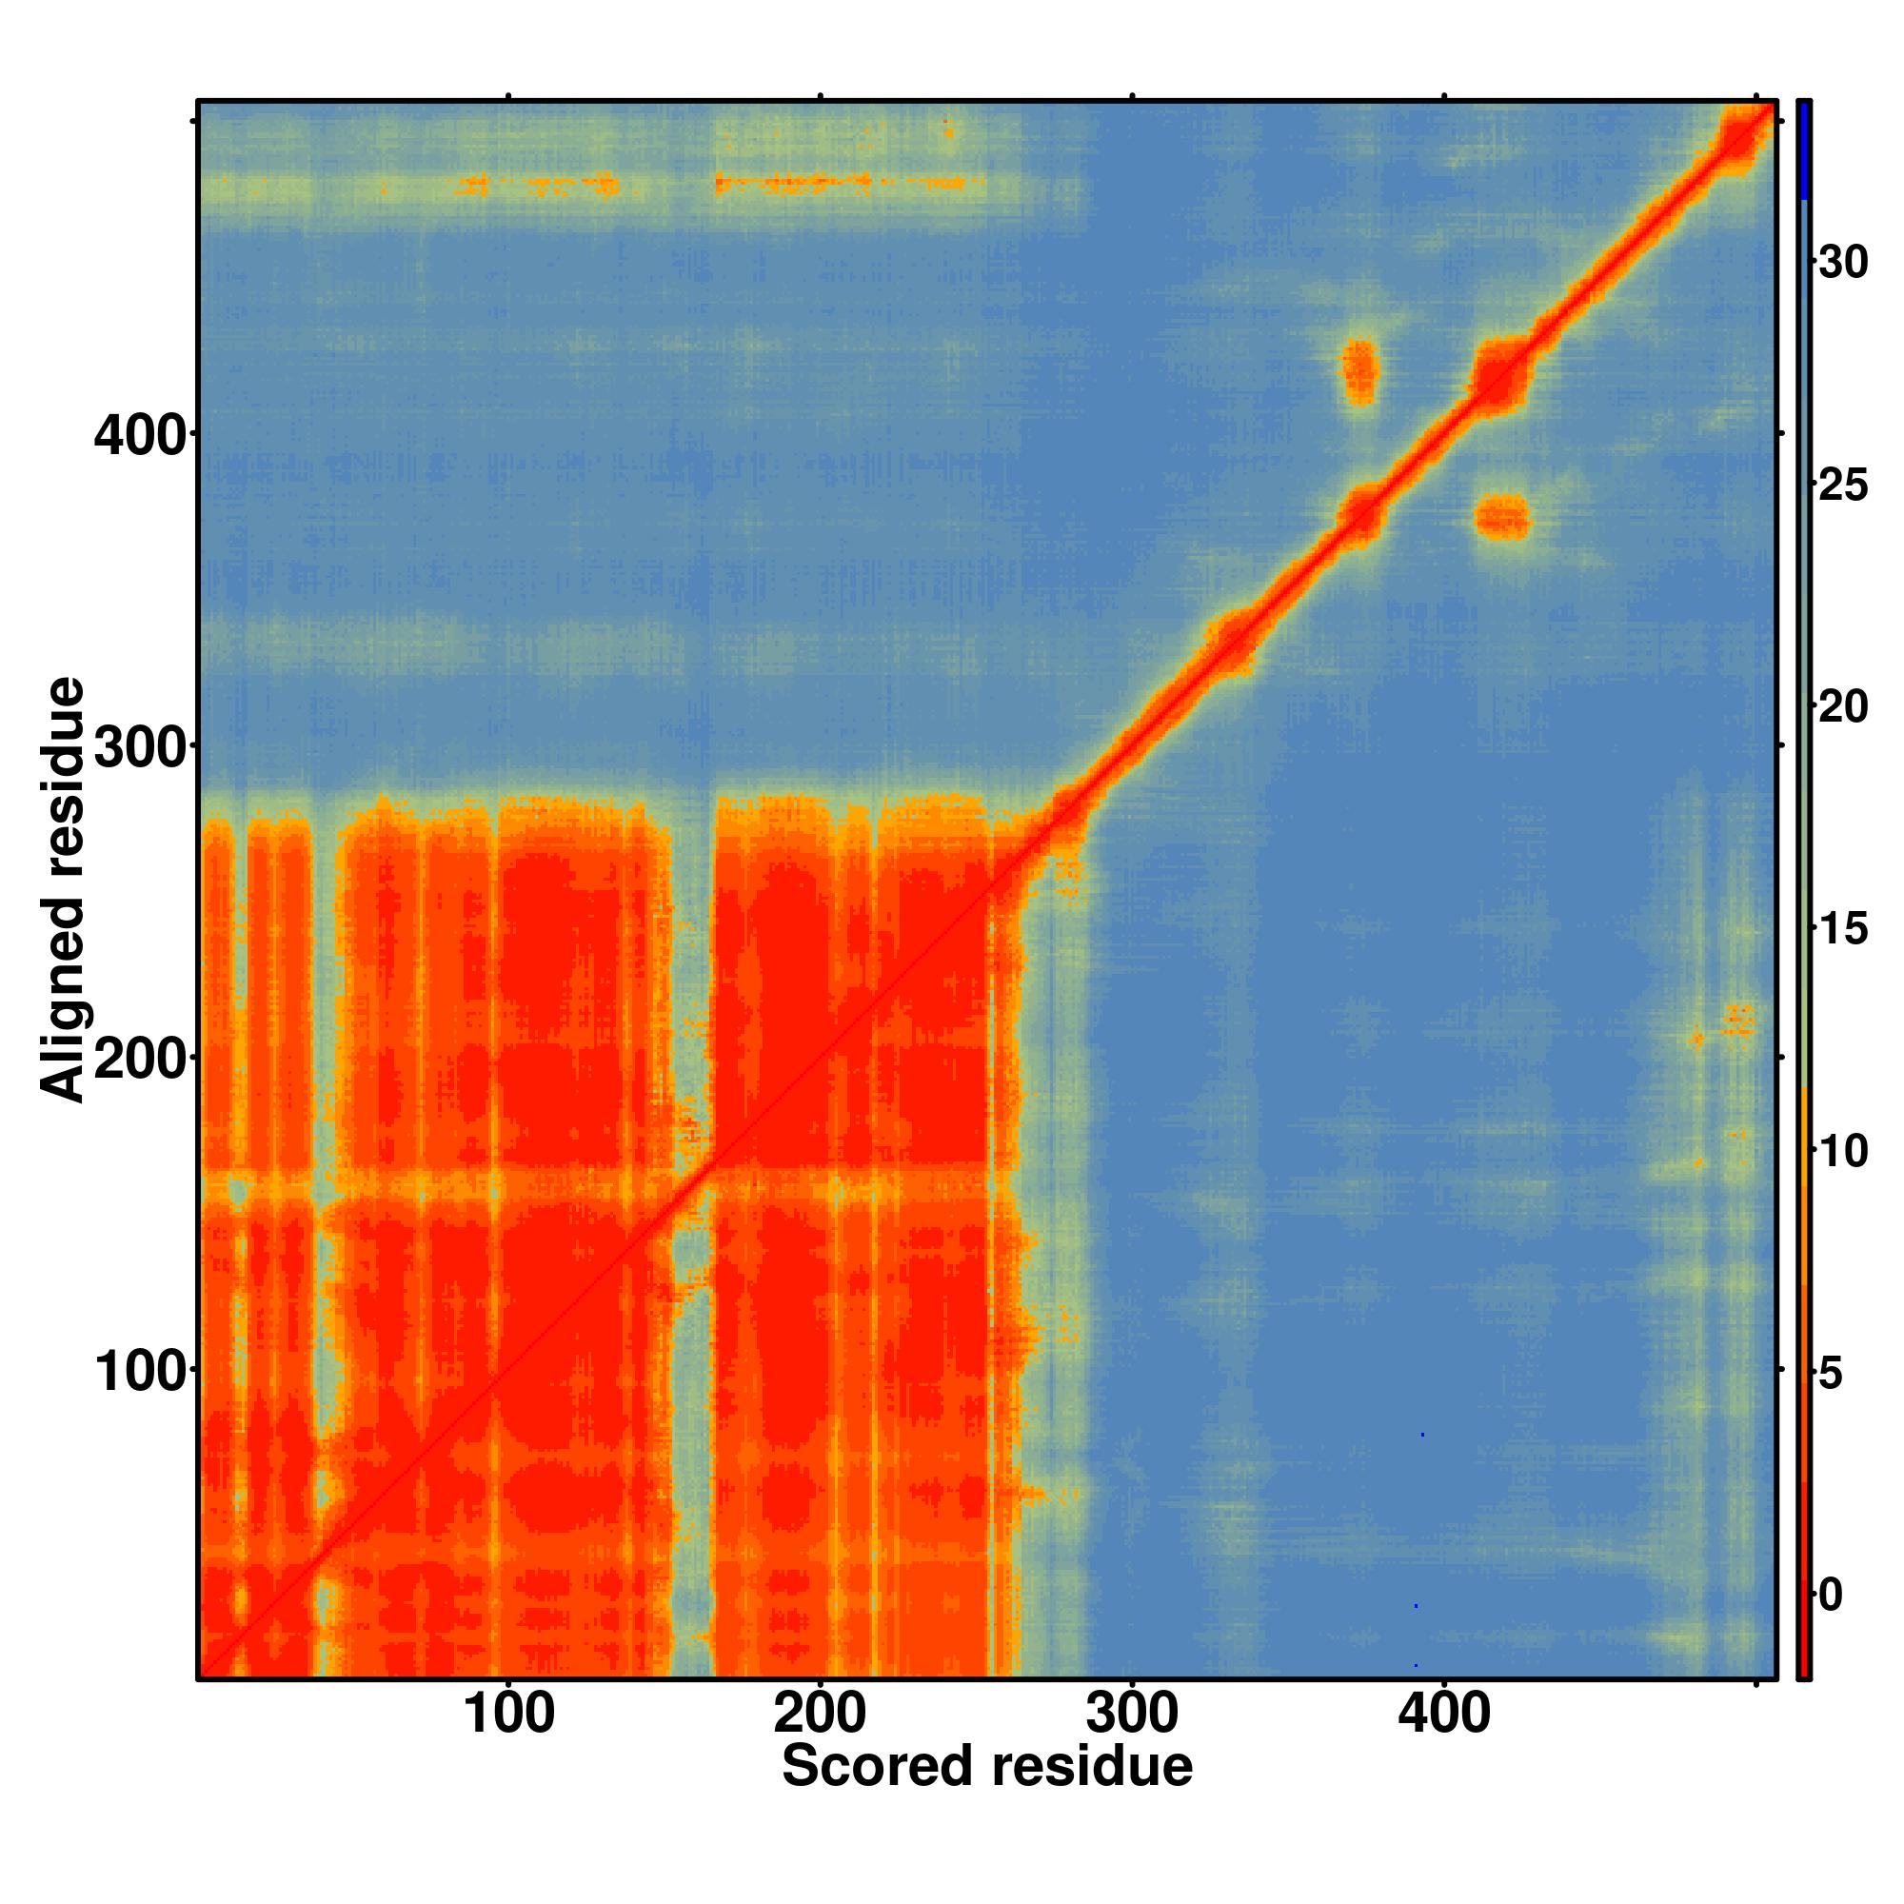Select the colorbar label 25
point(1843,486)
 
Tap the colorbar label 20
point(1843,707)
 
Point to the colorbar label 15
point(1843,929)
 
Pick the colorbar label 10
point(1843,1151)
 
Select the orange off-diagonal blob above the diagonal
point(1361,372)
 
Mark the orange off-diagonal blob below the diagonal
point(1502,519)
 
